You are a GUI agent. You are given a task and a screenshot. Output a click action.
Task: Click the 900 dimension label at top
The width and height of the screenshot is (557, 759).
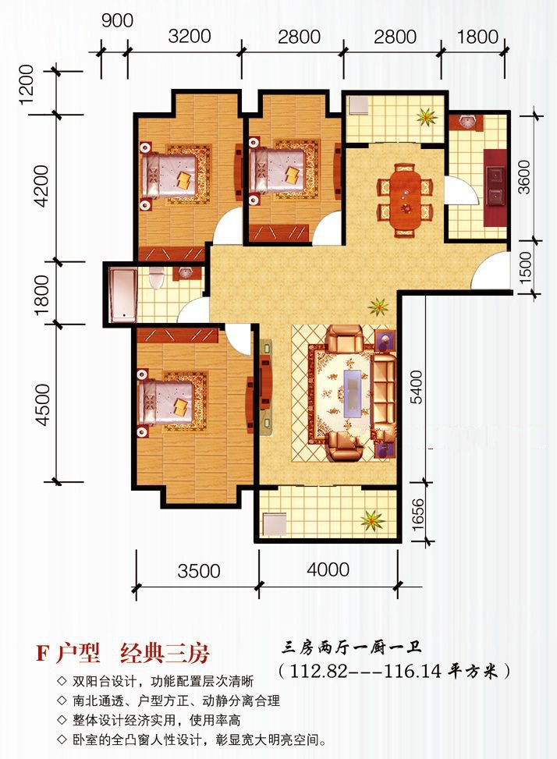point(117,20)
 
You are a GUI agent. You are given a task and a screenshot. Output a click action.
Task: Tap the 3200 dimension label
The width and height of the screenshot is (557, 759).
point(190,37)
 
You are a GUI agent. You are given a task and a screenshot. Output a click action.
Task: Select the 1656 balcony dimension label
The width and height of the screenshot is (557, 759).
point(417,515)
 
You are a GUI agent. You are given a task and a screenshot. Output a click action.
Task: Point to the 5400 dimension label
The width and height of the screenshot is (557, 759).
point(416,386)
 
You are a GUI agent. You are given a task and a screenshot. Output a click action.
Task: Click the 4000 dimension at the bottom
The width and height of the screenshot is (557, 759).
point(328,569)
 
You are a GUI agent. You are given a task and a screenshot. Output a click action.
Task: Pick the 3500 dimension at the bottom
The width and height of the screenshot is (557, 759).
point(199,571)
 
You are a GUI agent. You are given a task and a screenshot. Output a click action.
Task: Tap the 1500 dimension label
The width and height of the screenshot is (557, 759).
point(524,265)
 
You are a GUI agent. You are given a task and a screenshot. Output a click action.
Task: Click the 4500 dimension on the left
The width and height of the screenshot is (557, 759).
point(42,405)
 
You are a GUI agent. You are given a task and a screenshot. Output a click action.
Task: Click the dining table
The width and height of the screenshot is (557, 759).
point(405,200)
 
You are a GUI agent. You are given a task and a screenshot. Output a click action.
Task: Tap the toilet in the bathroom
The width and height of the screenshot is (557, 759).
point(156,278)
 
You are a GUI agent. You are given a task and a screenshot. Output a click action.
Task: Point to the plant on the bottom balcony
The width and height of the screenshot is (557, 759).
point(373,520)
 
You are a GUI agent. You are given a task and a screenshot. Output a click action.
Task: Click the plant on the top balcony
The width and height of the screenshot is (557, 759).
point(427,116)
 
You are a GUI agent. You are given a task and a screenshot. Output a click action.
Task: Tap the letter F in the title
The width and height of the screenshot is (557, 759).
point(43,653)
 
